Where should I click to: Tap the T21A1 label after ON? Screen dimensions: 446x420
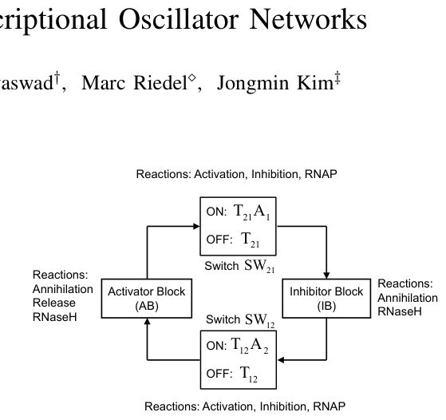[x=251, y=212]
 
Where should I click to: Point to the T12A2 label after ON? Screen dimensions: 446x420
[x=250, y=347]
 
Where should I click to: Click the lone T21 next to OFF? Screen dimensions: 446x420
[x=251, y=240]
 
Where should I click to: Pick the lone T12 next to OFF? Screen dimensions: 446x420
[x=249, y=374]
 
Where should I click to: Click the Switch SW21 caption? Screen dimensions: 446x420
[x=239, y=266]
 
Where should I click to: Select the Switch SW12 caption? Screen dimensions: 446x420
[x=240, y=320]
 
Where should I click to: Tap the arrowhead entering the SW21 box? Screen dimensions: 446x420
[x=196, y=227]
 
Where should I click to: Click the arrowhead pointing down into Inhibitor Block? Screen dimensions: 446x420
[x=326, y=275]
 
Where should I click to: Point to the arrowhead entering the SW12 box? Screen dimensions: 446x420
[x=281, y=360]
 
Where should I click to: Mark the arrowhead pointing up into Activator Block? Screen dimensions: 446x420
[x=147, y=322]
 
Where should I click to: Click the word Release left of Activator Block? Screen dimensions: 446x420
[x=54, y=303]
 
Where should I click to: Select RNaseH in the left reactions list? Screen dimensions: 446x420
[x=54, y=317]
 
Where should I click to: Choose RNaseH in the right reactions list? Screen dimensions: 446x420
[x=400, y=311]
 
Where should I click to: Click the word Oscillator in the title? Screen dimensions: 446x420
[x=179, y=19]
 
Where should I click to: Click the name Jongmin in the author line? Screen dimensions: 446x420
[x=253, y=84]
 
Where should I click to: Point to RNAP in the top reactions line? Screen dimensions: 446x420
[x=321, y=174]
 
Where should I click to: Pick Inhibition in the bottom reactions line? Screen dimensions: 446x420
[x=283, y=406]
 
